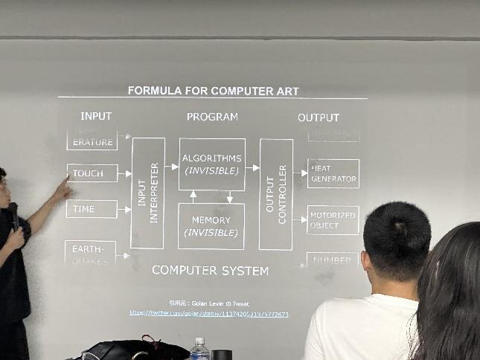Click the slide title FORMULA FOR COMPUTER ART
[213, 91]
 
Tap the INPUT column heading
[96, 116]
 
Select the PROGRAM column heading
[212, 117]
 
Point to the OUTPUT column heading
[319, 118]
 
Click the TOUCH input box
[92, 173]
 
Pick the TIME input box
[92, 209]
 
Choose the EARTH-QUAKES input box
[91, 253]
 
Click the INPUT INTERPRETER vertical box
[147, 193]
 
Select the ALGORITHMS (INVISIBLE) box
[212, 164]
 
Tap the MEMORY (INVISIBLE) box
[212, 226]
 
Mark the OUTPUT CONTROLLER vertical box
[276, 193]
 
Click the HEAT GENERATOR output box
[333, 174]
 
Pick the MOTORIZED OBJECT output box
[333, 220]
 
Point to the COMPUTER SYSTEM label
[210, 270]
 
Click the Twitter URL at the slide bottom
[208, 314]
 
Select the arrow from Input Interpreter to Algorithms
[172, 167]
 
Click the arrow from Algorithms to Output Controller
[252, 167]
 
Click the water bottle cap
[199, 341]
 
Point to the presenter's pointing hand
[62, 190]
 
